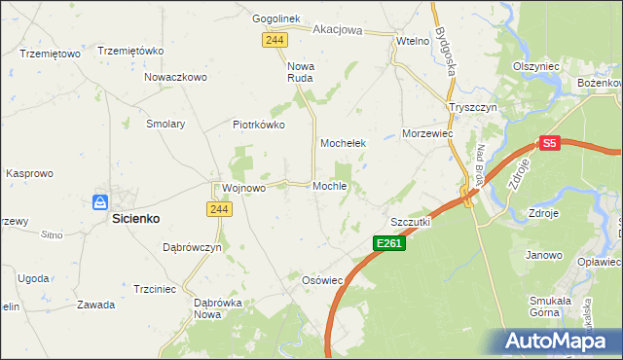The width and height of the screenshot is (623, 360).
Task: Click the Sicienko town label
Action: point(134,220)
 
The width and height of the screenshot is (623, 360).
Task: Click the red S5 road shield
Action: point(549,143)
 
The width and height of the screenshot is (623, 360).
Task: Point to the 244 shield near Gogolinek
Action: point(274,39)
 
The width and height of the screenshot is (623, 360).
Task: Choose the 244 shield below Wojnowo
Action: point(218,209)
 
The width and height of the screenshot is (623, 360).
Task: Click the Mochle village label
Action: point(330,186)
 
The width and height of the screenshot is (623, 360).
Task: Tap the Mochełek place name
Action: point(343,143)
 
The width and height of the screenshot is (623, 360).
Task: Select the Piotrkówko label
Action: point(258,125)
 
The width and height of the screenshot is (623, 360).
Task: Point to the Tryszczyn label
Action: point(472,107)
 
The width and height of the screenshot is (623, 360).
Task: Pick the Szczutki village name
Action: point(410,222)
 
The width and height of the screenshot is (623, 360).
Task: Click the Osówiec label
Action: point(322,280)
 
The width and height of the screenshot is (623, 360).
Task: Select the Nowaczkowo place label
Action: point(176,77)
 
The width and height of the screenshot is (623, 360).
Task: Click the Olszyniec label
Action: point(535,66)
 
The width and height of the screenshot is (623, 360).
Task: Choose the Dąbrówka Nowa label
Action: point(218,308)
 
